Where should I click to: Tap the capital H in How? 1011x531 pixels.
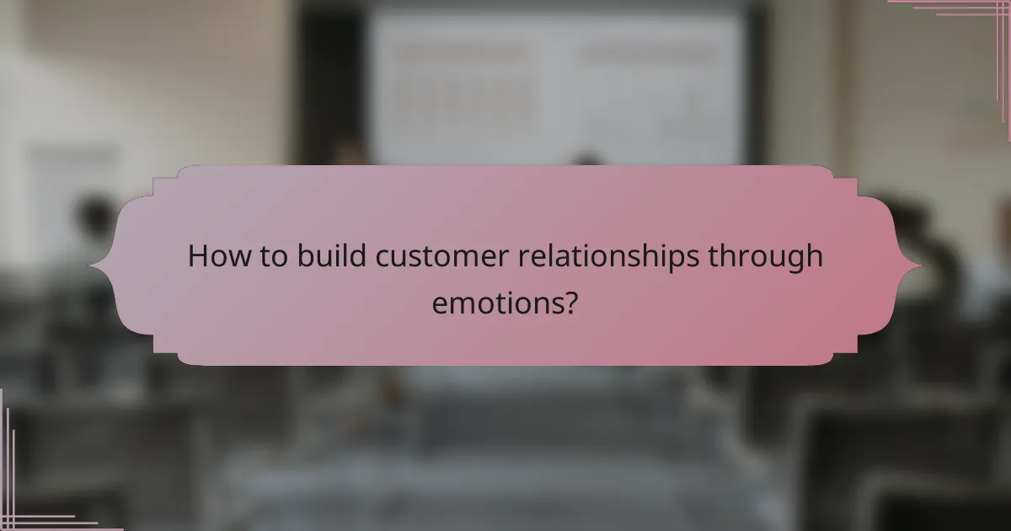point(197,256)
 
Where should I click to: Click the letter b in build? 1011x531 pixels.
point(305,256)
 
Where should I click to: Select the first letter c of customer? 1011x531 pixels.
point(383,258)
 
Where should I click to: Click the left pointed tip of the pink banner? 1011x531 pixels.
point(92,266)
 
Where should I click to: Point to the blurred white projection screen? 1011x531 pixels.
point(556,84)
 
